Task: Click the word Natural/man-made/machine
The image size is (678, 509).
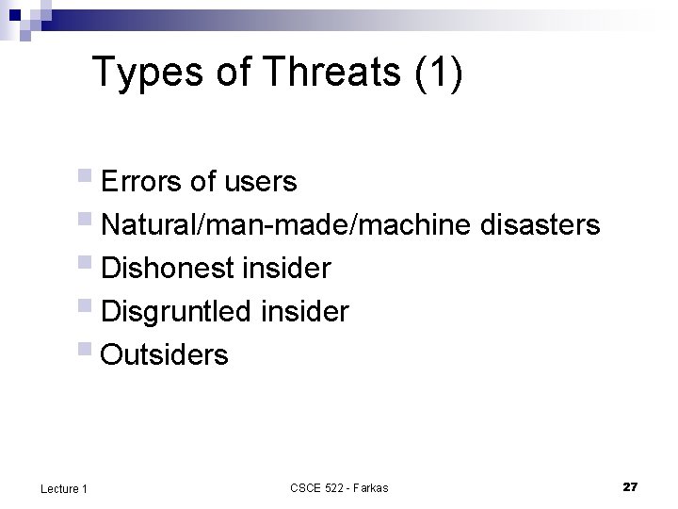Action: tap(286, 224)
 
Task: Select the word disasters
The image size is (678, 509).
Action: tap(540, 224)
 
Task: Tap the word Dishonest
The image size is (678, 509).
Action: tap(168, 269)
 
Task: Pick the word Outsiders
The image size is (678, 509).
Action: tap(164, 355)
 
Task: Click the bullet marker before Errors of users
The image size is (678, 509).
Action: tap(88, 177)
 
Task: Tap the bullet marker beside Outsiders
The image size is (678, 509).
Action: tap(88, 352)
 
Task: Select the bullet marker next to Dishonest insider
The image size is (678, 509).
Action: tap(88, 265)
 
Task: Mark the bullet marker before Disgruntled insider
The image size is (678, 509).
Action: tap(88, 308)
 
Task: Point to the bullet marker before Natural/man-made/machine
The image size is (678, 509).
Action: tap(88, 221)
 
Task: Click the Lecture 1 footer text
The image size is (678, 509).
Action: tap(64, 488)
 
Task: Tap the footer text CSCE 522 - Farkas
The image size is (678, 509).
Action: tap(339, 487)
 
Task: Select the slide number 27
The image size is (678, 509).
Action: tap(631, 486)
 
